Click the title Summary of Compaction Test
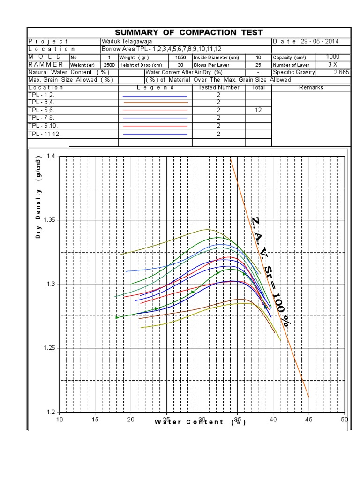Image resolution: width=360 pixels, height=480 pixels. click(x=189, y=32)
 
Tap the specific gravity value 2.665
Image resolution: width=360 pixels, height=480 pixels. click(x=341, y=72)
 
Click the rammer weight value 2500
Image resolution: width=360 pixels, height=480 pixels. click(x=109, y=65)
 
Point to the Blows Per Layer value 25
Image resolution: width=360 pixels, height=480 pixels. click(x=258, y=65)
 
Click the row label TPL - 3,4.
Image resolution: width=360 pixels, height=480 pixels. click(x=41, y=102)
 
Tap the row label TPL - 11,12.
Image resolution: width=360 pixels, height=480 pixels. click(x=45, y=134)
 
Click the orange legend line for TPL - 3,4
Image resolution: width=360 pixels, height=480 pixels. click(x=154, y=102)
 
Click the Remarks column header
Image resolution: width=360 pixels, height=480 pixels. click(x=311, y=87)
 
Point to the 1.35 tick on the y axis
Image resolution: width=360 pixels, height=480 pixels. click(x=50, y=220)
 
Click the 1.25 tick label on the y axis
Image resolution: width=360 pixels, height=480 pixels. click(x=50, y=348)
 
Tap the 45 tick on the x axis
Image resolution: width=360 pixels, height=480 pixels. click(x=308, y=419)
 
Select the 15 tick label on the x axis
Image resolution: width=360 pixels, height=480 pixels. click(x=95, y=419)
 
